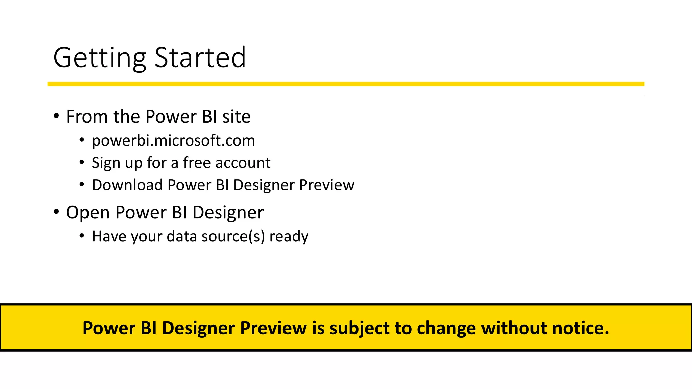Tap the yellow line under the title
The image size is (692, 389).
[346, 84]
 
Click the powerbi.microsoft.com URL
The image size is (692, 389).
[173, 141]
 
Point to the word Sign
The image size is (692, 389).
[106, 163]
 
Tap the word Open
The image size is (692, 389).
[88, 213]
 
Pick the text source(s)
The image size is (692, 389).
[233, 236]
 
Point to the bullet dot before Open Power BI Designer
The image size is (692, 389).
[56, 212]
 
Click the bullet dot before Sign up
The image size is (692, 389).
[82, 163]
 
